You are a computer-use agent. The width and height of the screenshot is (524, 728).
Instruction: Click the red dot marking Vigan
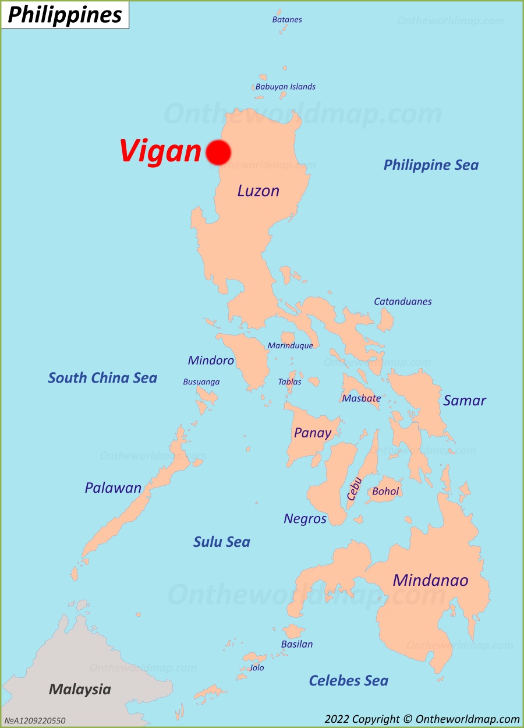218,152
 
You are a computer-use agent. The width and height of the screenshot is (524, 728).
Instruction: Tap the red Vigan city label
160,151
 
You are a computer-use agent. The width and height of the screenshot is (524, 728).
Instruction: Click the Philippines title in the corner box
65,15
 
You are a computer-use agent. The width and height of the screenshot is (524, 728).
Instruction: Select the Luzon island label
258,191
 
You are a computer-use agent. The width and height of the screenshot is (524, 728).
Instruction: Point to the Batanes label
287,20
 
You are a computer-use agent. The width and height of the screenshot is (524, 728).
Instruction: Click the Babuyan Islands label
285,87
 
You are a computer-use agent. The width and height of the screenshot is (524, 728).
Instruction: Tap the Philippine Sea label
431,165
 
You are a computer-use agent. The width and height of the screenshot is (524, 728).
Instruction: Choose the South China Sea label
102,378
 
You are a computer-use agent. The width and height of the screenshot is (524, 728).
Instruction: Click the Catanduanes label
402,302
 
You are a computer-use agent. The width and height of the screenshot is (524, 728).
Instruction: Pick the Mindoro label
211,361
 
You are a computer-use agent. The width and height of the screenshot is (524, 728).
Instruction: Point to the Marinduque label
290,346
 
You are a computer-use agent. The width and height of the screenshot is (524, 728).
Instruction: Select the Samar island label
464,401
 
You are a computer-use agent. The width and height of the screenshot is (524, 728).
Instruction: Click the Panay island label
313,433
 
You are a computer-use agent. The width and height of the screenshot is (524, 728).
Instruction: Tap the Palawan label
113,488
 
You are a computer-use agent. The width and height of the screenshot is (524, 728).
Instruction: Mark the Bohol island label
385,492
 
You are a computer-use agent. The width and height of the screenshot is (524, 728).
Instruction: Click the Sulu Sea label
221,542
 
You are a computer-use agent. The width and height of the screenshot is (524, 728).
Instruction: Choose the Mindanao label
430,581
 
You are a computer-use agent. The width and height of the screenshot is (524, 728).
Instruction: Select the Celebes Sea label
348,681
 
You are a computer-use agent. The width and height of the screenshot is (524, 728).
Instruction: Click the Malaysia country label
80,690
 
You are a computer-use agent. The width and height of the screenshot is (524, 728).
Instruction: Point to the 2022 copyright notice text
422,719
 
